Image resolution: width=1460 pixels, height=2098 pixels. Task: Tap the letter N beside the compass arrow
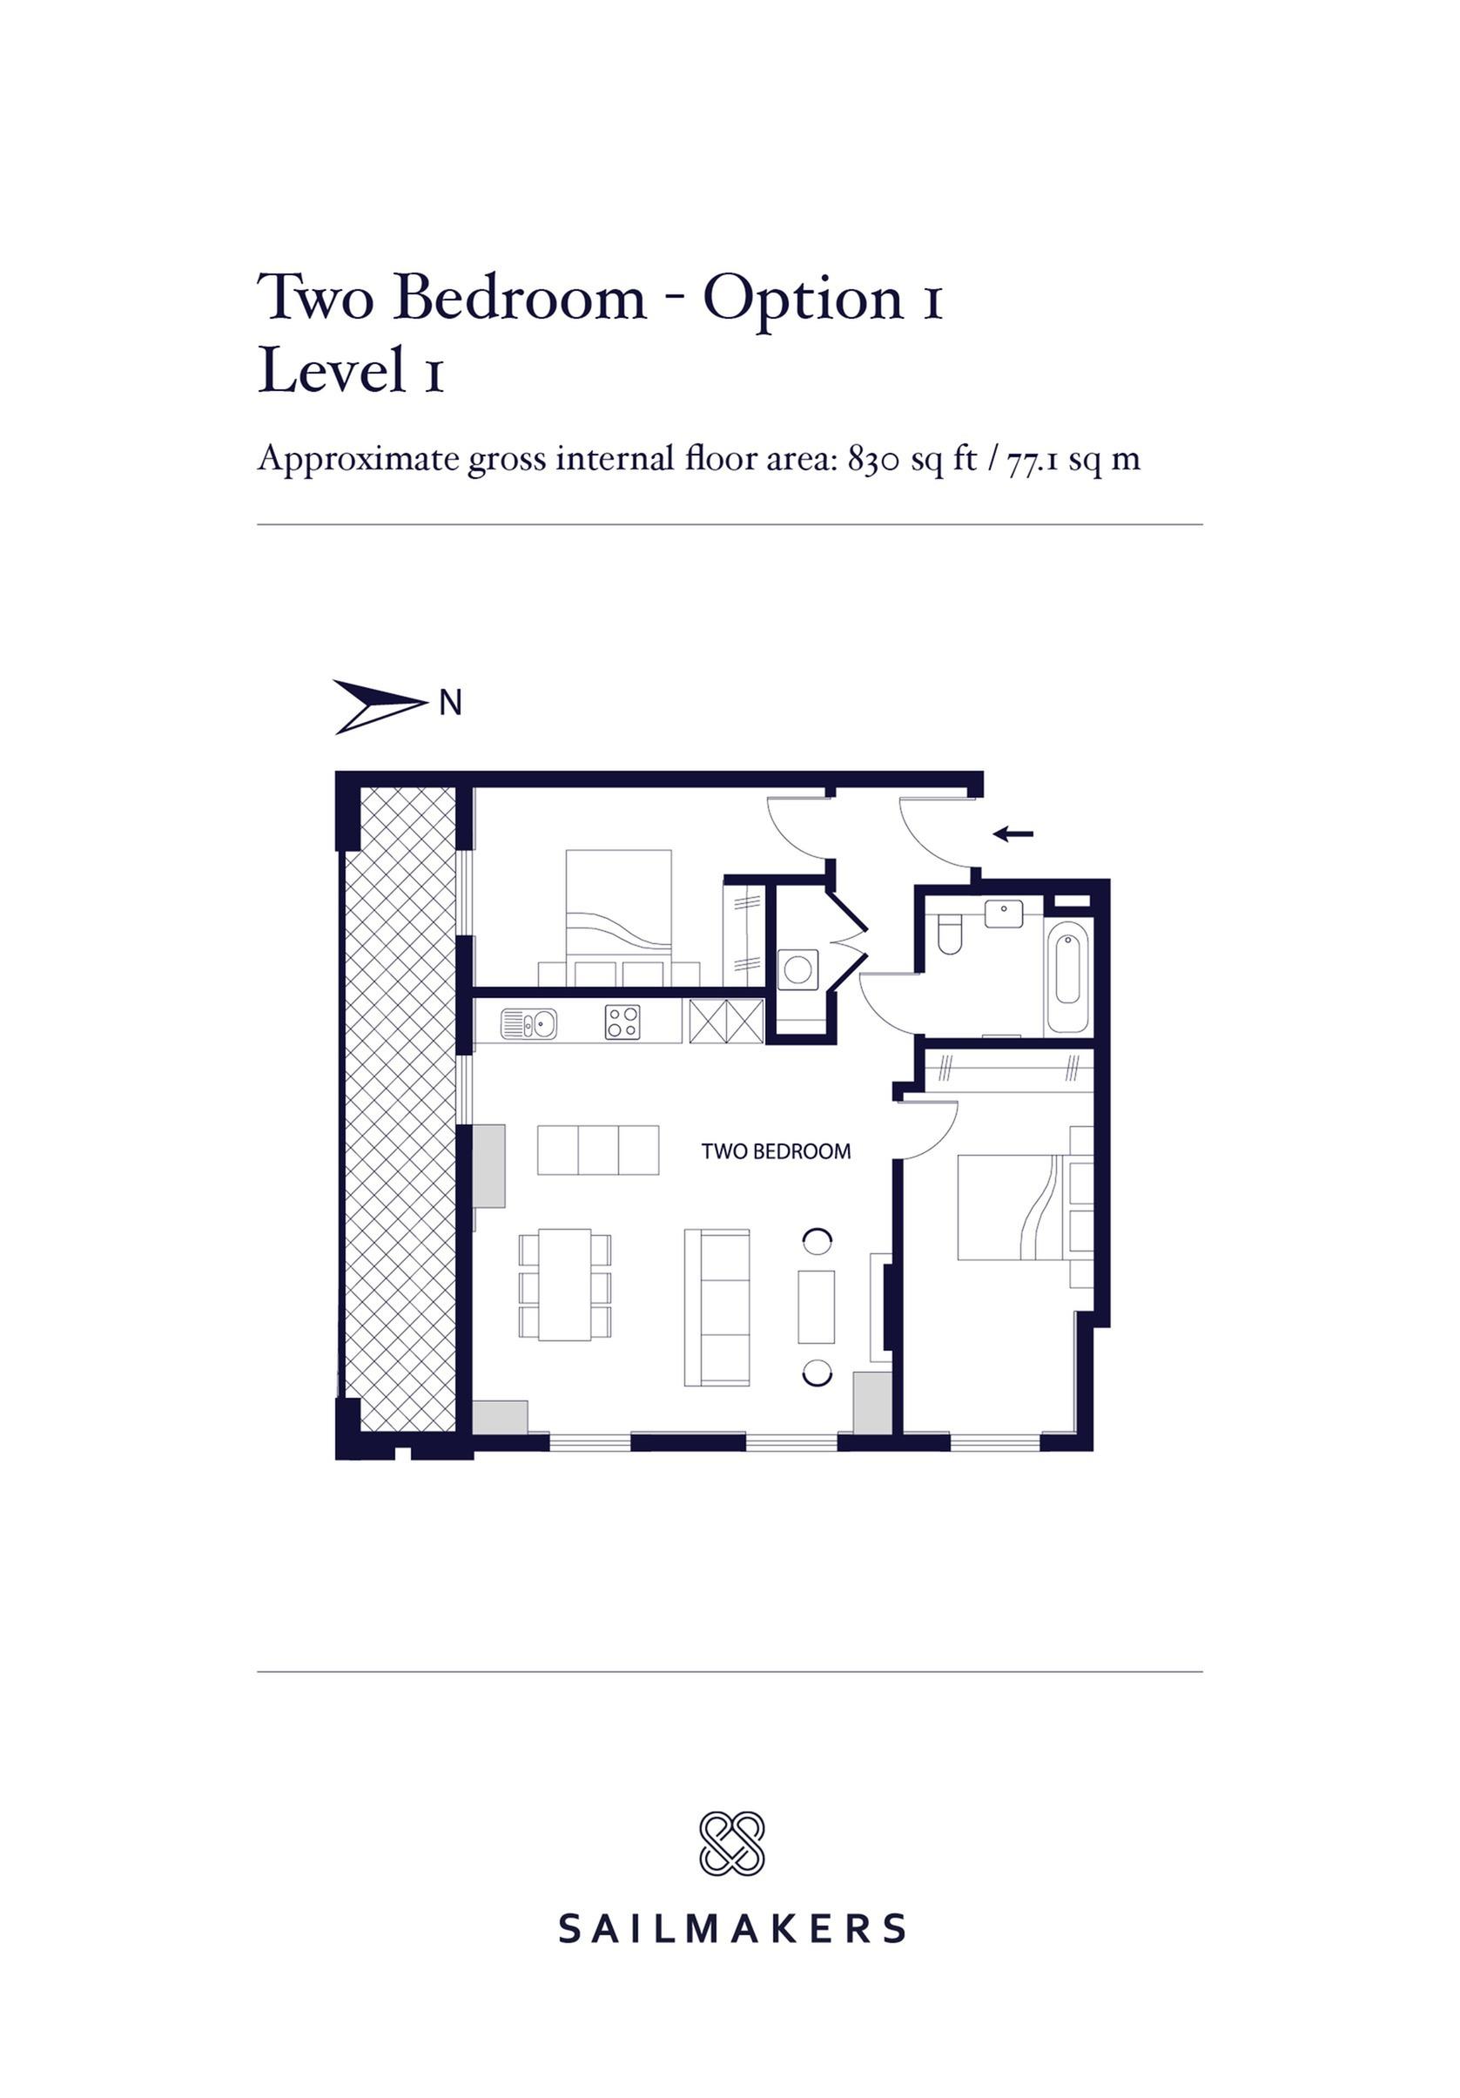point(450,703)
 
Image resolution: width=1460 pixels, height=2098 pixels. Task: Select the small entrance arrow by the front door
point(1013,833)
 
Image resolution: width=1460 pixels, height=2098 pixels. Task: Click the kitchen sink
point(528,1022)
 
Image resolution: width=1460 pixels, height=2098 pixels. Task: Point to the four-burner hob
point(622,1022)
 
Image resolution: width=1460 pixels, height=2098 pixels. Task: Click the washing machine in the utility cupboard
point(797,968)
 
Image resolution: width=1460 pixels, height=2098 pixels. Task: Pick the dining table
point(565,1284)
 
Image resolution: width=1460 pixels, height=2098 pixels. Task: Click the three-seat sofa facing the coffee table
point(717,1307)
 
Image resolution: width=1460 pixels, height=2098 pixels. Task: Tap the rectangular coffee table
point(816,1305)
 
